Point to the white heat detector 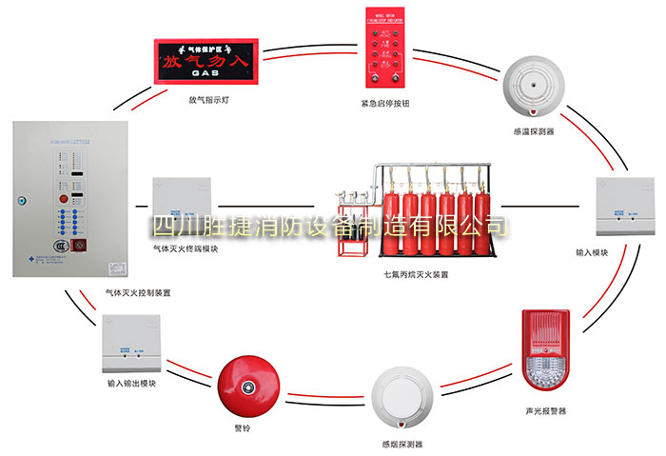coord(532,84)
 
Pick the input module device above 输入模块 coord(624,207)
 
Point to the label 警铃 coord(245,429)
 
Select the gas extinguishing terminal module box coord(185,208)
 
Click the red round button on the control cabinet coord(65,201)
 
